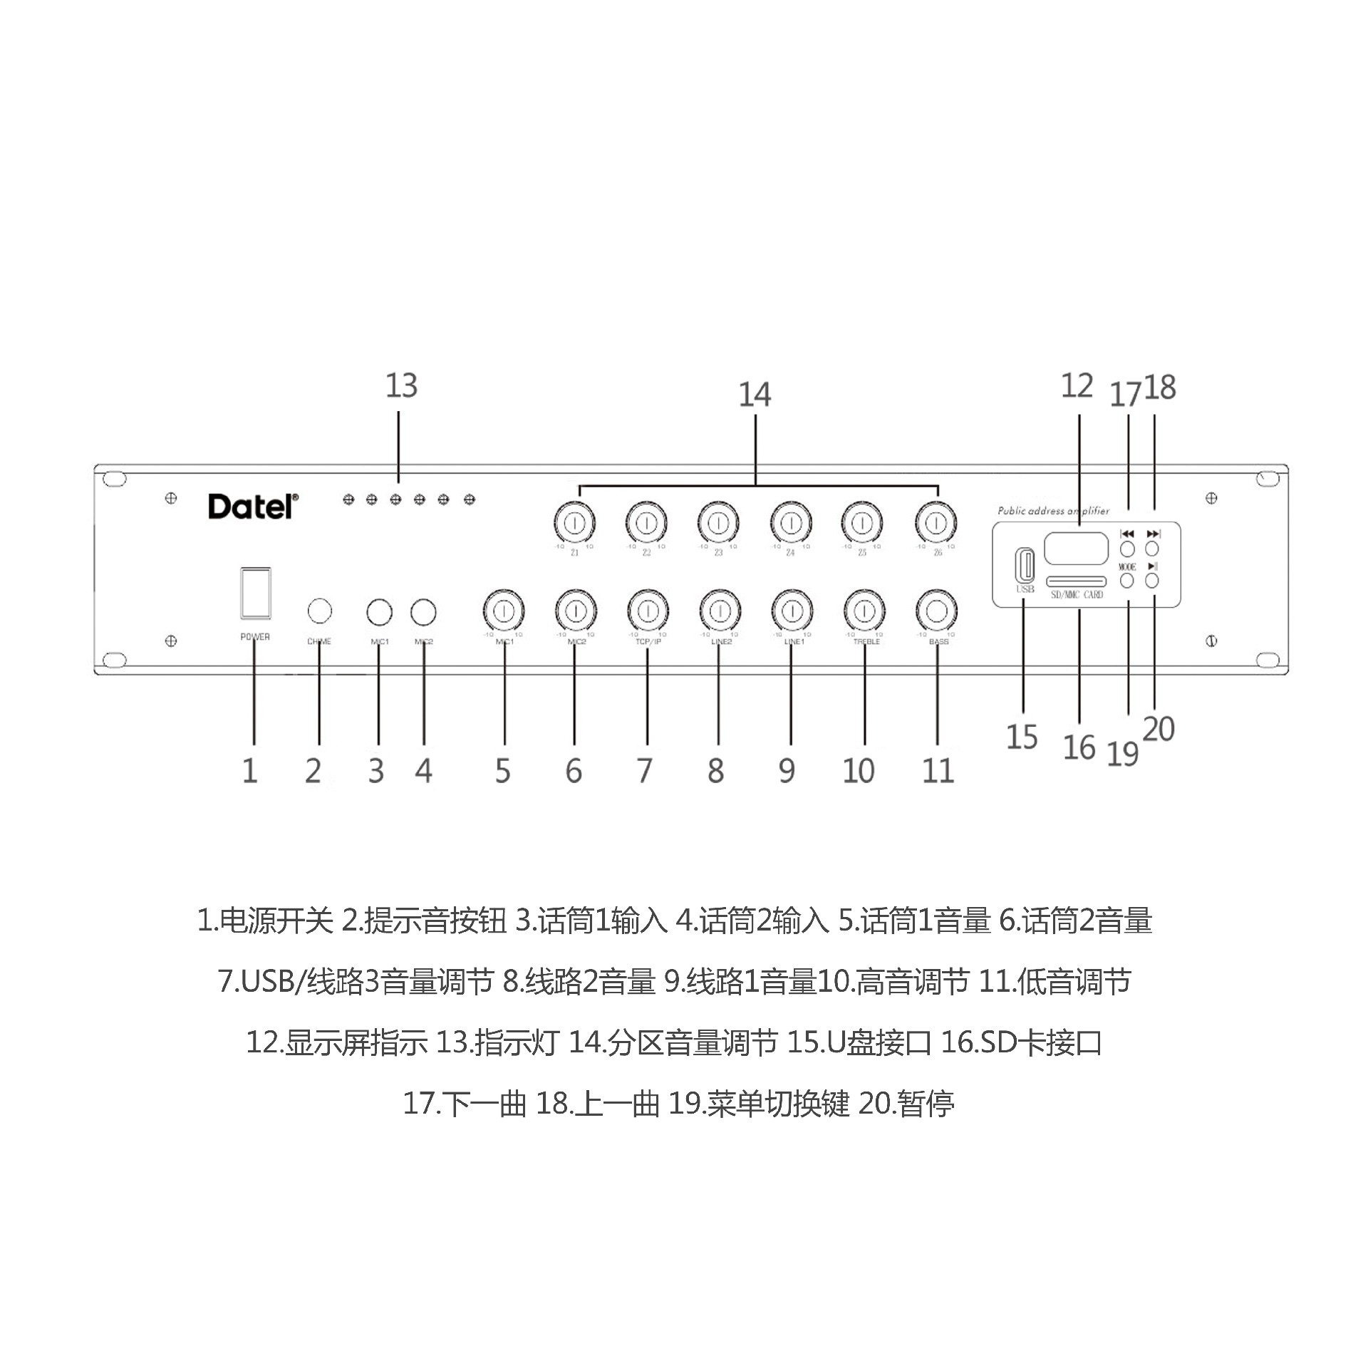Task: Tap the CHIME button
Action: pos(319,611)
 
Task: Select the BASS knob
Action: pos(936,611)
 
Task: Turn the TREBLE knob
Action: pos(864,611)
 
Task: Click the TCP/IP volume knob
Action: pos(647,611)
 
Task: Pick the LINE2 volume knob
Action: pos(720,611)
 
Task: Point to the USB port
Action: pos(1024,566)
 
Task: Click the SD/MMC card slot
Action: pos(1077,581)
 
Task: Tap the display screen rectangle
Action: pos(1077,549)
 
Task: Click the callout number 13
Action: pos(401,385)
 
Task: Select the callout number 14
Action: pos(755,395)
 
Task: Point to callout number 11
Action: pos(938,771)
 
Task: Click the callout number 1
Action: pos(249,771)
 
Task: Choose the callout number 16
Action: pos(1079,748)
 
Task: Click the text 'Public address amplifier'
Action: pos(1053,511)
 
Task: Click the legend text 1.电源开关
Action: pos(265,921)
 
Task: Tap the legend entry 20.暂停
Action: pos(906,1104)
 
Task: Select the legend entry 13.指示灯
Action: pos(496,1043)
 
